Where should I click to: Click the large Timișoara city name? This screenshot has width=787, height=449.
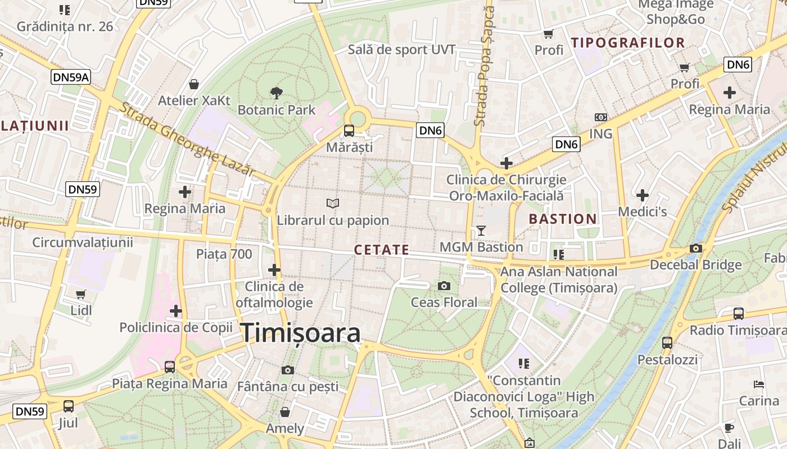pos(301,333)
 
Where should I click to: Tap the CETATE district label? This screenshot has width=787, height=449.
pos(382,250)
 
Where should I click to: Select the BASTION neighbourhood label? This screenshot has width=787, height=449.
pos(563,219)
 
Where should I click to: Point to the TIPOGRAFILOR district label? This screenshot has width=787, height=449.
pos(628,43)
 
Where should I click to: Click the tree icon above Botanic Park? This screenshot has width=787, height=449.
pos(276,93)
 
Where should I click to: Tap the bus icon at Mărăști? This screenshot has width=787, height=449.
pos(349,131)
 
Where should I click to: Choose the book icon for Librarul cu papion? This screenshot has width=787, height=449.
pos(333,203)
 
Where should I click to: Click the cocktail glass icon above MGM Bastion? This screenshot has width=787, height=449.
pos(481,230)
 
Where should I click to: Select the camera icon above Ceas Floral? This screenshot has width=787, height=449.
pos(444,286)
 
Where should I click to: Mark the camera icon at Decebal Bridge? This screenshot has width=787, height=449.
pos(696,249)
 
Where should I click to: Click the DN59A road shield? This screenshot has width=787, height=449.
pos(71,77)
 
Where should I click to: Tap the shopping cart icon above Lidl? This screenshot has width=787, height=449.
pos(81,294)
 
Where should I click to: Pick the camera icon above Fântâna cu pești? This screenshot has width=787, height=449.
pos(288,370)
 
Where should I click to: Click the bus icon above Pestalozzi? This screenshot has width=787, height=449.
pos(667,342)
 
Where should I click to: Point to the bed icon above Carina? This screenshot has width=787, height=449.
pos(759,384)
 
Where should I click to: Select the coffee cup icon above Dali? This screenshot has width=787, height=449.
pos(729,428)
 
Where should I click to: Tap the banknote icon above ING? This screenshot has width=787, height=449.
pos(601,117)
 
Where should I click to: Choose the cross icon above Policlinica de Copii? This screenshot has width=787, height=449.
pos(176,310)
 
